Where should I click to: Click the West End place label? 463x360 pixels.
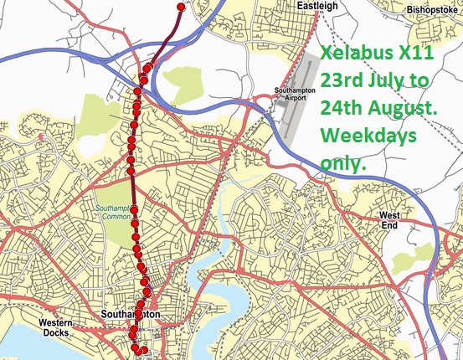(414, 220)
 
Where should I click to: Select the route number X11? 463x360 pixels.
(413, 55)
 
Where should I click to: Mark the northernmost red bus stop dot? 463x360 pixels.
(180, 7)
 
